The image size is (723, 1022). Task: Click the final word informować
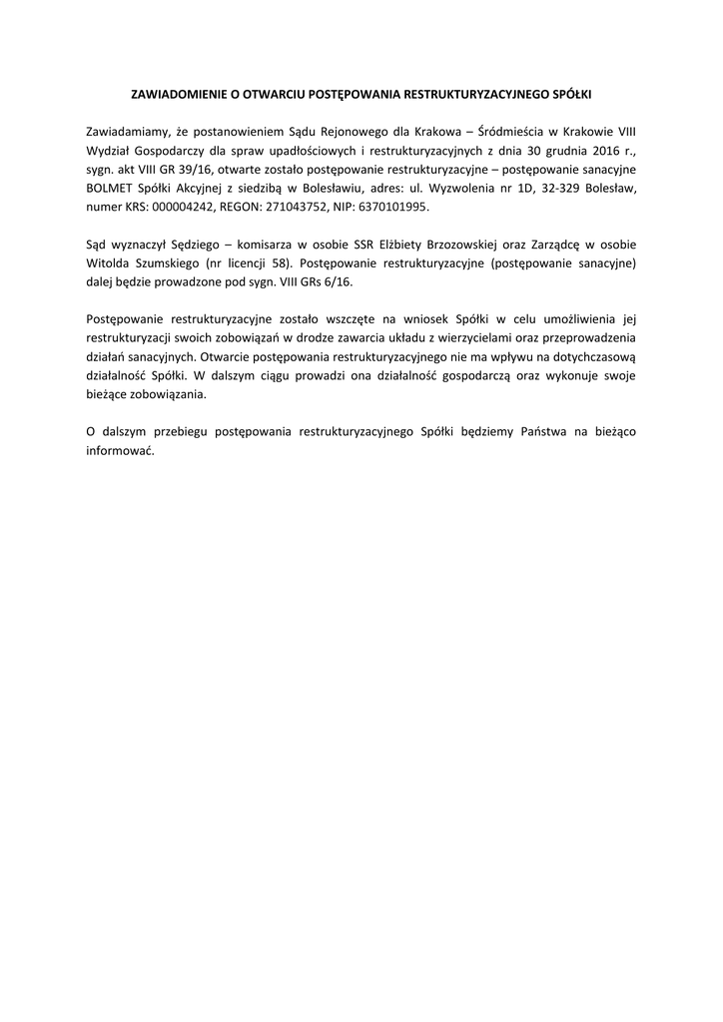120,450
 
